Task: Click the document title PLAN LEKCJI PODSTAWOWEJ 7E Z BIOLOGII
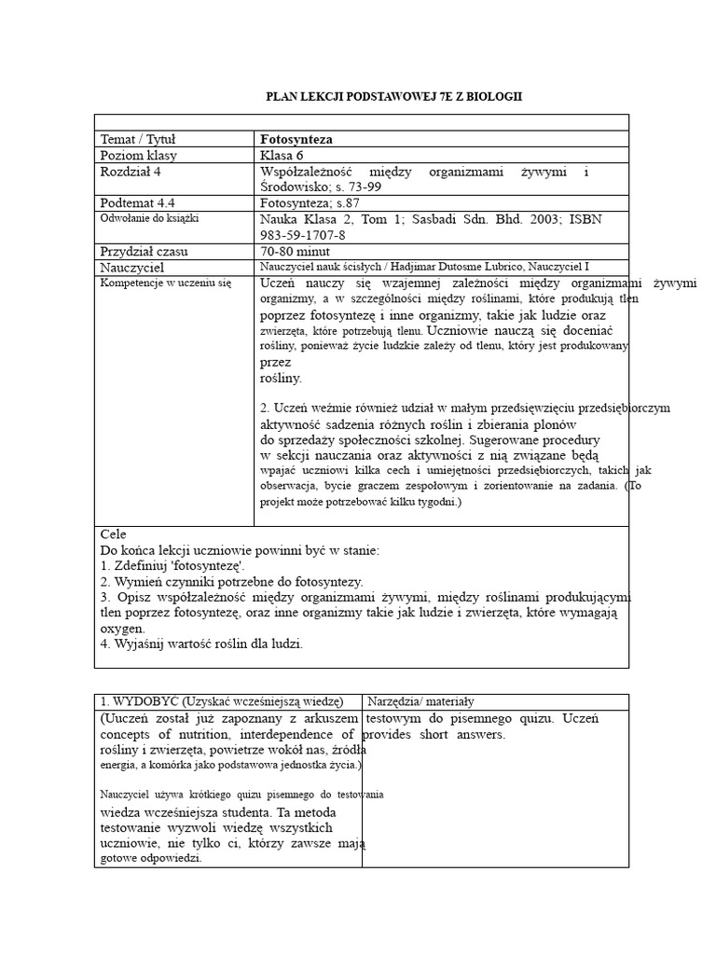point(394,97)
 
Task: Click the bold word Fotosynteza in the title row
point(296,139)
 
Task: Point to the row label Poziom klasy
point(139,156)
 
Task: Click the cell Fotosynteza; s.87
point(309,202)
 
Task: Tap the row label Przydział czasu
point(145,251)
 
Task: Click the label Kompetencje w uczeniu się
point(165,282)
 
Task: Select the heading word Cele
point(112,534)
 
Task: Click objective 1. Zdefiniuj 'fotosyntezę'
point(172,565)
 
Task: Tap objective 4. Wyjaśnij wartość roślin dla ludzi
point(201,644)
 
